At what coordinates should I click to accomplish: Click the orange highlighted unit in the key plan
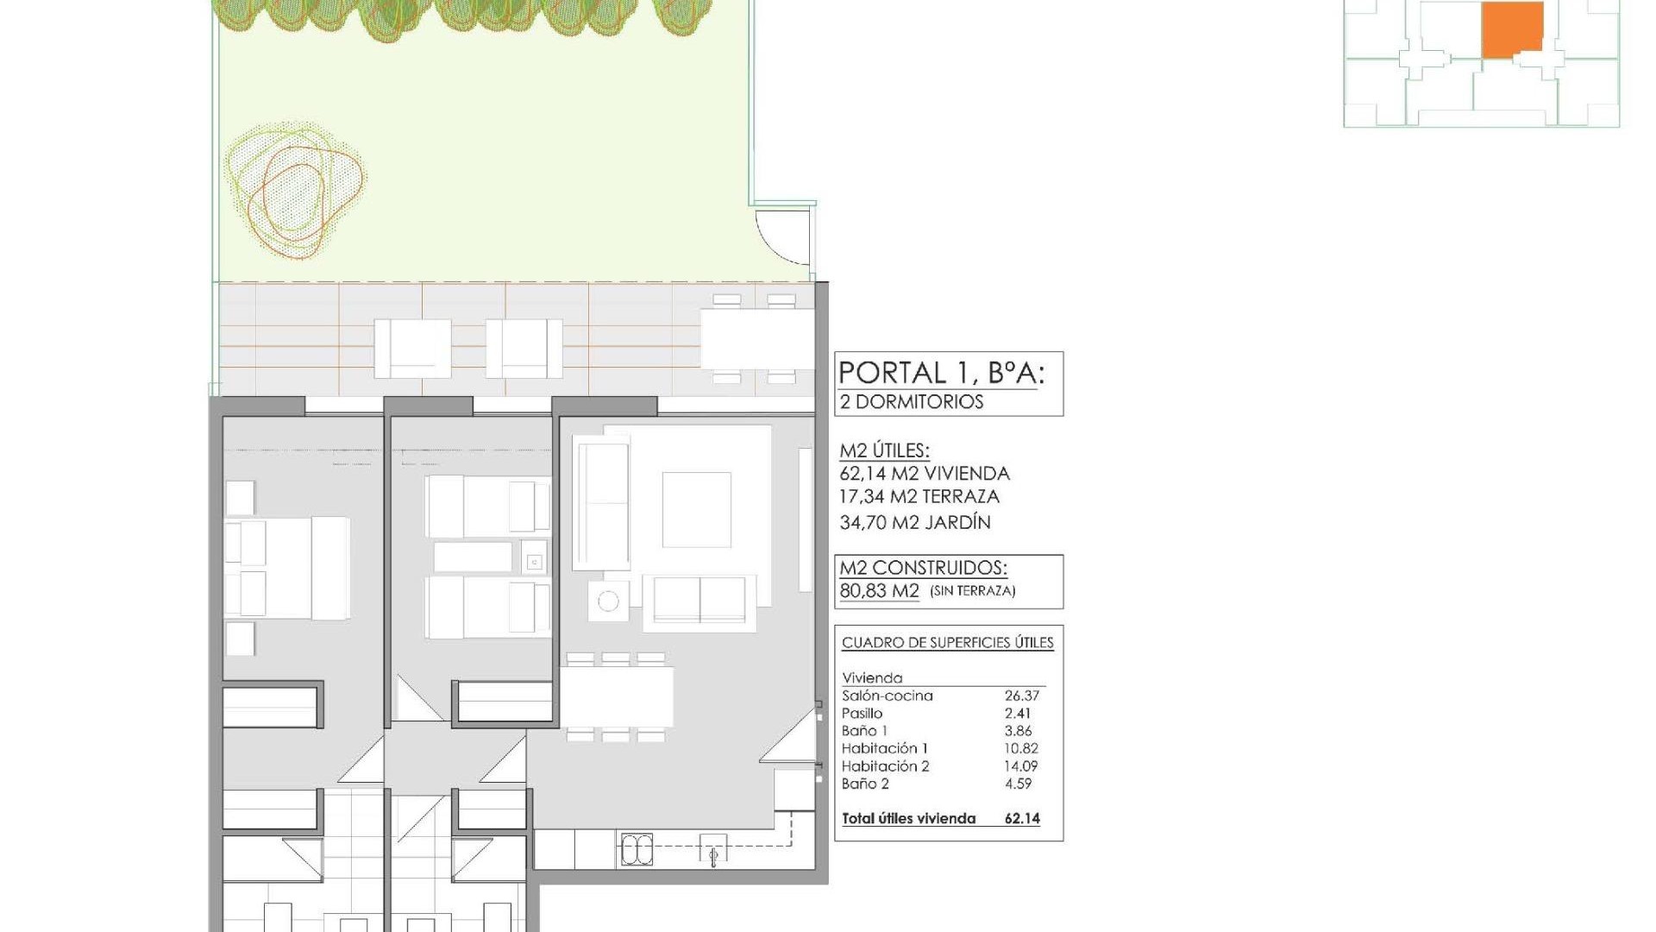1512,29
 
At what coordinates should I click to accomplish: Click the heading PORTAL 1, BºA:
941,373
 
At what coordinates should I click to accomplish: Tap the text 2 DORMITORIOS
912,402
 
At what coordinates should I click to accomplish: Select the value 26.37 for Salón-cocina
1022,696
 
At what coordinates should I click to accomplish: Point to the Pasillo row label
862,714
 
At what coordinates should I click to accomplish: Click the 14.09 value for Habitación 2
1021,766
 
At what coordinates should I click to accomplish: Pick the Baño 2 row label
865,784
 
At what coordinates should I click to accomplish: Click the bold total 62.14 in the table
1022,819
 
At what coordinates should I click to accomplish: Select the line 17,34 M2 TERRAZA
919,497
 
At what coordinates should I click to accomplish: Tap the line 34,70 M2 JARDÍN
915,522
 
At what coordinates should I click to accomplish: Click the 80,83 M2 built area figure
879,591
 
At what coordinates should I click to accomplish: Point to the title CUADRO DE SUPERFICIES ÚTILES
947,643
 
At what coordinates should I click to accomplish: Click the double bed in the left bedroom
287,568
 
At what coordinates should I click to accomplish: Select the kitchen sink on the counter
637,850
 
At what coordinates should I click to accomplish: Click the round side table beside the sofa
608,601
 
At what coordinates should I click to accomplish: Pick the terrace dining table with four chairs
756,338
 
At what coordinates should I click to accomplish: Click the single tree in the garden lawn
294,191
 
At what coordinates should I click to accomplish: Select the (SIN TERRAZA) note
973,591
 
